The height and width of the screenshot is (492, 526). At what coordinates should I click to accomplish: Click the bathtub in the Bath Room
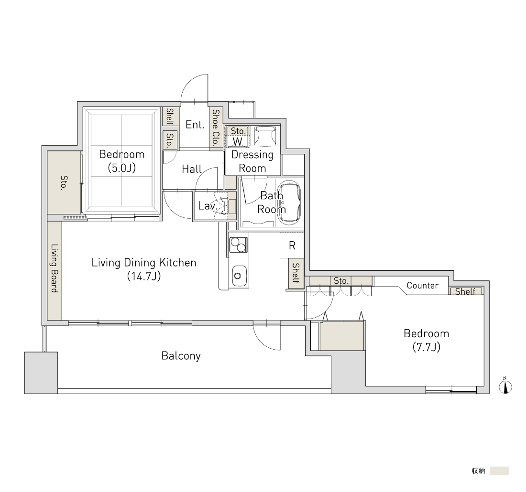click(291, 203)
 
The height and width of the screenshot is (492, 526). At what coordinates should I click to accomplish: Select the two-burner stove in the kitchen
click(239, 245)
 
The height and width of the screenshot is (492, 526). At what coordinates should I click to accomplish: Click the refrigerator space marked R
click(292, 246)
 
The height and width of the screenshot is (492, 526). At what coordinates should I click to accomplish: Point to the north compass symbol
click(505, 386)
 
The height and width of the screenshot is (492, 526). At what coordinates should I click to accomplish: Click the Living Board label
click(55, 268)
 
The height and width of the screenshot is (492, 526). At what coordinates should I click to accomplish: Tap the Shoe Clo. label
click(215, 127)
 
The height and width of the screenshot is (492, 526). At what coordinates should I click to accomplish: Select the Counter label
click(422, 286)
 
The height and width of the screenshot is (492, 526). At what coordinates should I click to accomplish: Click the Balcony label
click(181, 356)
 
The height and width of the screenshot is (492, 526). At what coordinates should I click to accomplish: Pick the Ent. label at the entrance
click(195, 125)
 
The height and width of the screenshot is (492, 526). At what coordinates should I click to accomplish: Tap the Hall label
click(192, 169)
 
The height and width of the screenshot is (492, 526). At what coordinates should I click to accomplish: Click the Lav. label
click(207, 205)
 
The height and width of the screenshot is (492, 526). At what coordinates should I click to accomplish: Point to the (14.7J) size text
click(144, 276)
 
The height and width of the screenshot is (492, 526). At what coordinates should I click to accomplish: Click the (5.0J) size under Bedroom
click(122, 168)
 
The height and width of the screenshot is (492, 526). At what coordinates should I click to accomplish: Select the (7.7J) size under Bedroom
click(427, 347)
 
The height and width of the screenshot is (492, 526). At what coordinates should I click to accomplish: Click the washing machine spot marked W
click(237, 141)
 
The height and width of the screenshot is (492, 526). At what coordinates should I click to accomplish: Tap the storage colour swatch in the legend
click(499, 471)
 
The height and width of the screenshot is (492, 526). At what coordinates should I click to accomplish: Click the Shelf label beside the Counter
click(465, 291)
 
